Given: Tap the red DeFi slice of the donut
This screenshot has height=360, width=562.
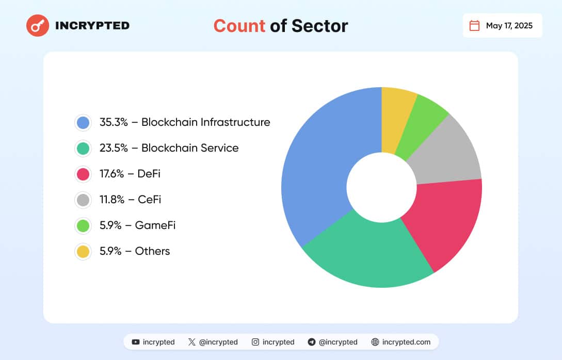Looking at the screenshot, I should coord(444,222).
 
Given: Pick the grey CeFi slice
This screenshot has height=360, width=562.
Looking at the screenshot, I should coord(449,152).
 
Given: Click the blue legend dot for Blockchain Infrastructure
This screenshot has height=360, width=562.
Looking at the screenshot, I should coord(83,122).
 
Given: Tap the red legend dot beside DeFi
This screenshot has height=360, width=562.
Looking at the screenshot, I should coord(83,174).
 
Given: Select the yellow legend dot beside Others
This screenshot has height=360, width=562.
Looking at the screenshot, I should coord(83,251).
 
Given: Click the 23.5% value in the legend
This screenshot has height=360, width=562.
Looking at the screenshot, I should coord(112,148).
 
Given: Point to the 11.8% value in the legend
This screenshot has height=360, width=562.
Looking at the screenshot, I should coord(112,200).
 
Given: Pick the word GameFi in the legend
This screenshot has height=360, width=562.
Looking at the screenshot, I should coord(155,225).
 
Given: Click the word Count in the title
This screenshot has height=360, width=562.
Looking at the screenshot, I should coord(239,25).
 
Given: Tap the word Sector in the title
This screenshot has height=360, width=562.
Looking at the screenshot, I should coord(319,25).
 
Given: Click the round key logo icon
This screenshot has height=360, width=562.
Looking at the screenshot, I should coord(38,25).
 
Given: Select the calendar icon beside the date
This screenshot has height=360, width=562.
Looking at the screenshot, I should coord(474,25).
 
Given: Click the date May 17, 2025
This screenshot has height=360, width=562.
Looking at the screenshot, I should coord(509,25).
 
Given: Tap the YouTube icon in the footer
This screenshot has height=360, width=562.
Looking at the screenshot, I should coord(136,342).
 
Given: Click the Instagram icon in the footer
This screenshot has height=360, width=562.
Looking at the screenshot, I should coord(255,342).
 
